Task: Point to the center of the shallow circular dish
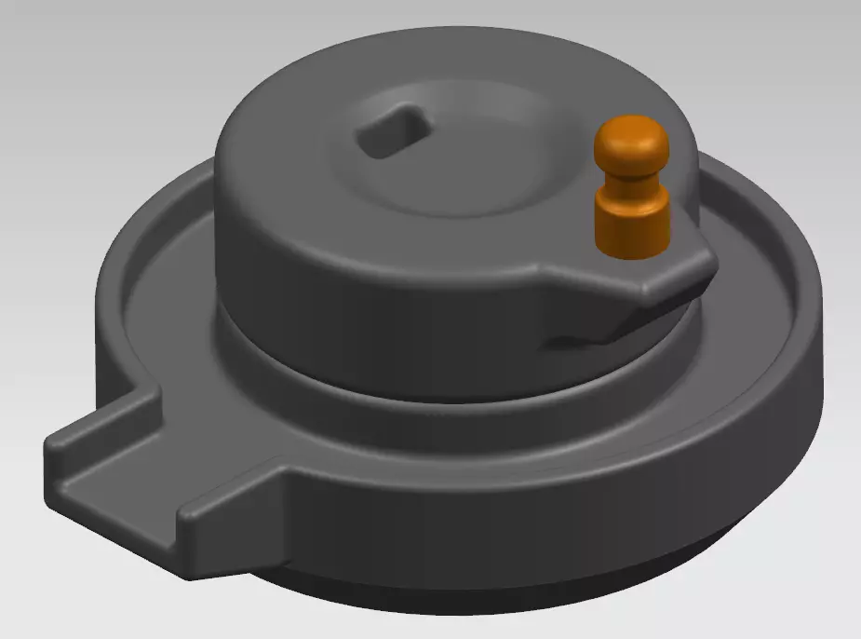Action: pyautogui.click(x=456, y=149)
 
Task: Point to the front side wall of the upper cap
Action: pyautogui.click(x=372, y=279)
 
